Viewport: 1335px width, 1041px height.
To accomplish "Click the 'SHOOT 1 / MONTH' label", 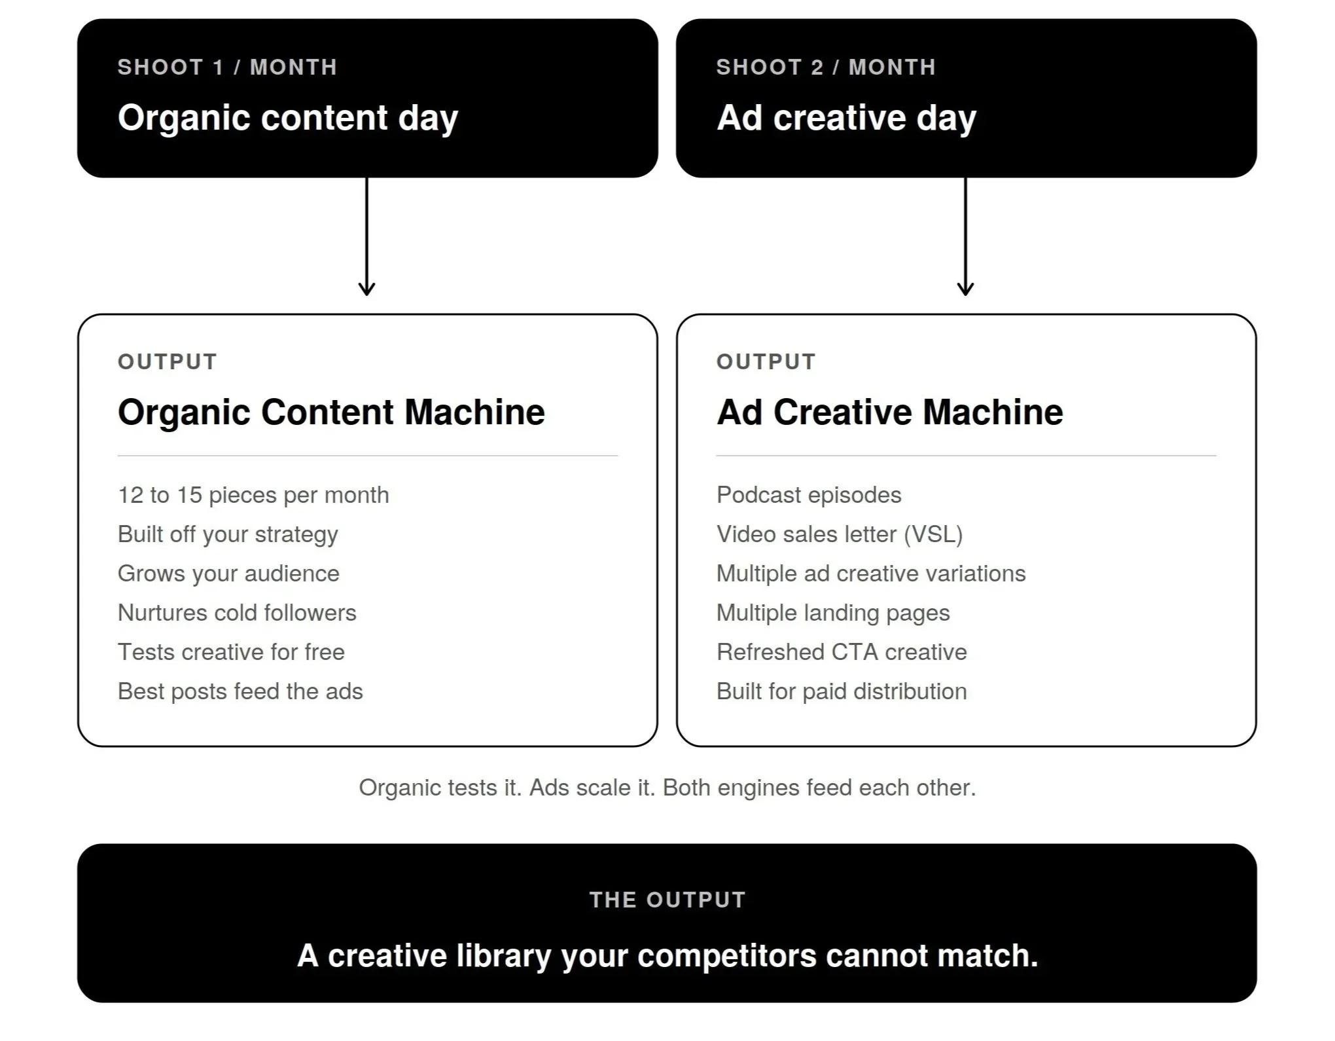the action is point(227,67).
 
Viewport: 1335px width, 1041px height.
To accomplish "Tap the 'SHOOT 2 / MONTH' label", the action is point(826,67).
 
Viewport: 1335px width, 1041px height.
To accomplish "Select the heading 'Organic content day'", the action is point(288,118).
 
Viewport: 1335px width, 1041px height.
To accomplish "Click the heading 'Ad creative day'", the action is point(846,118).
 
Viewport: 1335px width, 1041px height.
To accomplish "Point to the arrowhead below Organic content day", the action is point(366,288).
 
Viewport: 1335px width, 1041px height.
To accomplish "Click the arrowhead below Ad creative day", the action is point(965,288).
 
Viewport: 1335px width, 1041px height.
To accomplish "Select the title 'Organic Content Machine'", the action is point(331,412).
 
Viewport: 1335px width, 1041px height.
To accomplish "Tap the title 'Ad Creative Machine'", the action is point(889,412).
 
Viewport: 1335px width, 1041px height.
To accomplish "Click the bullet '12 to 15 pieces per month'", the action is point(253,495).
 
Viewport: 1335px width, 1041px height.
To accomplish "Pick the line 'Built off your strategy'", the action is point(228,534).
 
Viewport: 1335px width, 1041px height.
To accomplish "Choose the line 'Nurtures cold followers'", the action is point(237,613).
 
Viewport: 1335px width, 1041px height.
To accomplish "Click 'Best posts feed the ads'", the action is point(240,691).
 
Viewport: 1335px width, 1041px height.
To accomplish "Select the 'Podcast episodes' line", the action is point(809,495).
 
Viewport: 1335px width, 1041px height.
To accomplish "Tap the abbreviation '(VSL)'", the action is point(933,534).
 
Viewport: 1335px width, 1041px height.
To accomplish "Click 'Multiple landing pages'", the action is point(833,613).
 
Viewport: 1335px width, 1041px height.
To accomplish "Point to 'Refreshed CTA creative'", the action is point(842,652).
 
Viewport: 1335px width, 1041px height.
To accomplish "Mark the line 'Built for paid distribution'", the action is point(842,691).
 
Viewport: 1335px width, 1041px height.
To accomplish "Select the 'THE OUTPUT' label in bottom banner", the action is point(667,900).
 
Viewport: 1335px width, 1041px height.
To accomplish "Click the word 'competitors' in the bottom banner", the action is point(727,957).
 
